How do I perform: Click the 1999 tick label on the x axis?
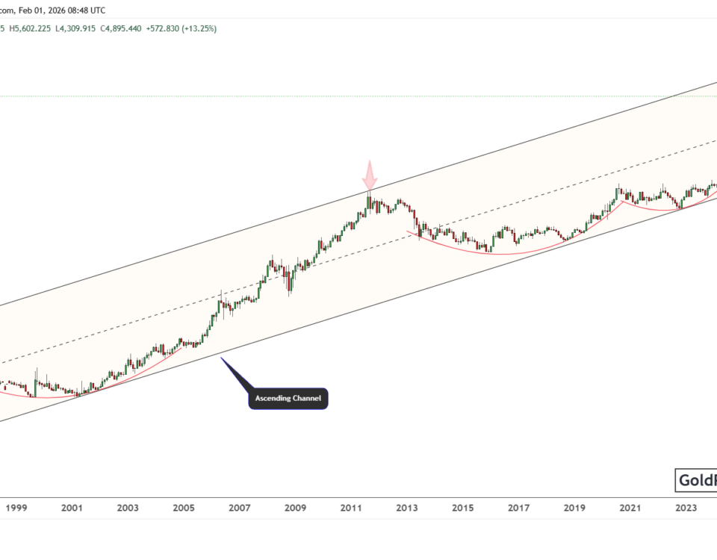point(16,508)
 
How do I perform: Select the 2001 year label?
point(72,508)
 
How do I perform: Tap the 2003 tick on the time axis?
point(128,508)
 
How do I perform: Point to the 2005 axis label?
point(183,508)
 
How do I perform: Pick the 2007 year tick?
point(239,508)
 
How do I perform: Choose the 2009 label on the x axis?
point(295,508)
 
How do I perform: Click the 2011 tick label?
point(351,508)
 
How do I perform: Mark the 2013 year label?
point(407,508)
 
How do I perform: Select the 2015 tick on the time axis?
point(463,508)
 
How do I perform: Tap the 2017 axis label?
point(518,508)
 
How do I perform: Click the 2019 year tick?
point(574,508)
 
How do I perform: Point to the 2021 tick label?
point(630,508)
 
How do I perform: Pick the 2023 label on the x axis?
point(686,508)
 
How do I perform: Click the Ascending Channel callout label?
point(288,399)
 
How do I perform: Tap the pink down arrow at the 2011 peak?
point(370,177)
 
